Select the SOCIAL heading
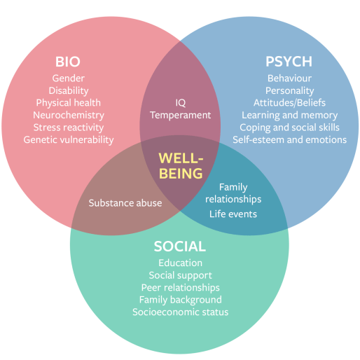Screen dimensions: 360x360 (180, 247)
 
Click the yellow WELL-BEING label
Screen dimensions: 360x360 (180, 165)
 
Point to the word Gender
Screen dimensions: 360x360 (69, 78)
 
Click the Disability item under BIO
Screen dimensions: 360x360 (69, 90)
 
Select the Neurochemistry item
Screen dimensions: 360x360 (69, 115)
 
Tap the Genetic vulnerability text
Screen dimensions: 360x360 (69, 139)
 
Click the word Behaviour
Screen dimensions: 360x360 (289, 78)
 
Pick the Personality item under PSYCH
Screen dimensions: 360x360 (289, 90)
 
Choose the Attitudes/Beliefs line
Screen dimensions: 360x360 (289, 103)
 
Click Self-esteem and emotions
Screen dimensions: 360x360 (289, 139)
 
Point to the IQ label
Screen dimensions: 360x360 (180, 103)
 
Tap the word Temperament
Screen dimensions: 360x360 (180, 115)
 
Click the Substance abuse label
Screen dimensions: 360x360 (125, 203)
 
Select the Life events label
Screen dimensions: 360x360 (233, 214)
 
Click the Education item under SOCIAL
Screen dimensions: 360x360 (180, 263)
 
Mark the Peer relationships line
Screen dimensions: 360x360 (180, 288)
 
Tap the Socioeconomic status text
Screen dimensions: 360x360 (180, 312)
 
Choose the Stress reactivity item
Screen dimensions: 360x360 (69, 127)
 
